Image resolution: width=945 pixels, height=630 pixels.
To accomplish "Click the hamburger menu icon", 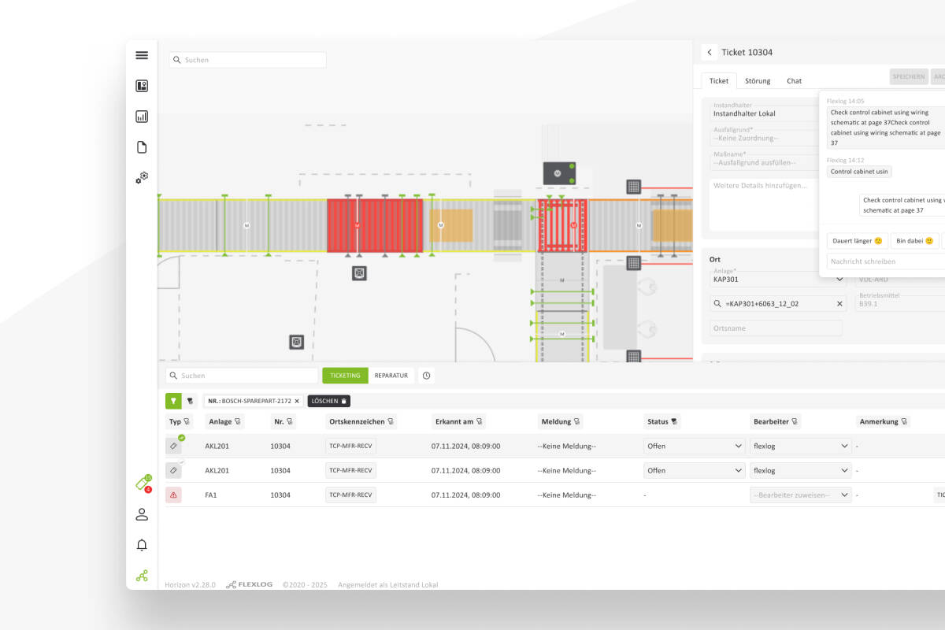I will (142, 55).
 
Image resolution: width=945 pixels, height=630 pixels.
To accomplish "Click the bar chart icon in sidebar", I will (142, 117).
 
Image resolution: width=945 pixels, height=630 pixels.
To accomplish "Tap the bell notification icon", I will (142, 545).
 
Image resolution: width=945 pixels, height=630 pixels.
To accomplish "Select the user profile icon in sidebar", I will (142, 514).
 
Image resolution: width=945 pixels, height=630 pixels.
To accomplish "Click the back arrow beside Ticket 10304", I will (710, 53).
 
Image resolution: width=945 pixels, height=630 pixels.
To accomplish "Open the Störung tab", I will (758, 81).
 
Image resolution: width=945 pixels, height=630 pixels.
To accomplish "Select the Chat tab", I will (794, 81).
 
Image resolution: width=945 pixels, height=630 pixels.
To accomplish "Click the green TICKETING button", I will (345, 376).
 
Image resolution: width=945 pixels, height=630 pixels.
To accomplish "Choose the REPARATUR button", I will (391, 376).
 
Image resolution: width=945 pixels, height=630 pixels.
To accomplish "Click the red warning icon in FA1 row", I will (173, 495).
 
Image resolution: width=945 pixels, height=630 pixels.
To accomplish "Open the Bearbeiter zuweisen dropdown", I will (801, 495).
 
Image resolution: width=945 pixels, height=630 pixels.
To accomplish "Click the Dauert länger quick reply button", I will (858, 241).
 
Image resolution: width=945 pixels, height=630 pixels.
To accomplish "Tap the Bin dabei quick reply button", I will (914, 241).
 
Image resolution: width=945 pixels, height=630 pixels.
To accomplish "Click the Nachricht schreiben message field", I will (882, 261).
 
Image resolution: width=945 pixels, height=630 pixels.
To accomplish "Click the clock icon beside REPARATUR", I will (426, 376).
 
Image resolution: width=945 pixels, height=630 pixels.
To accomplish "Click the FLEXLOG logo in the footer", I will (250, 585).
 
